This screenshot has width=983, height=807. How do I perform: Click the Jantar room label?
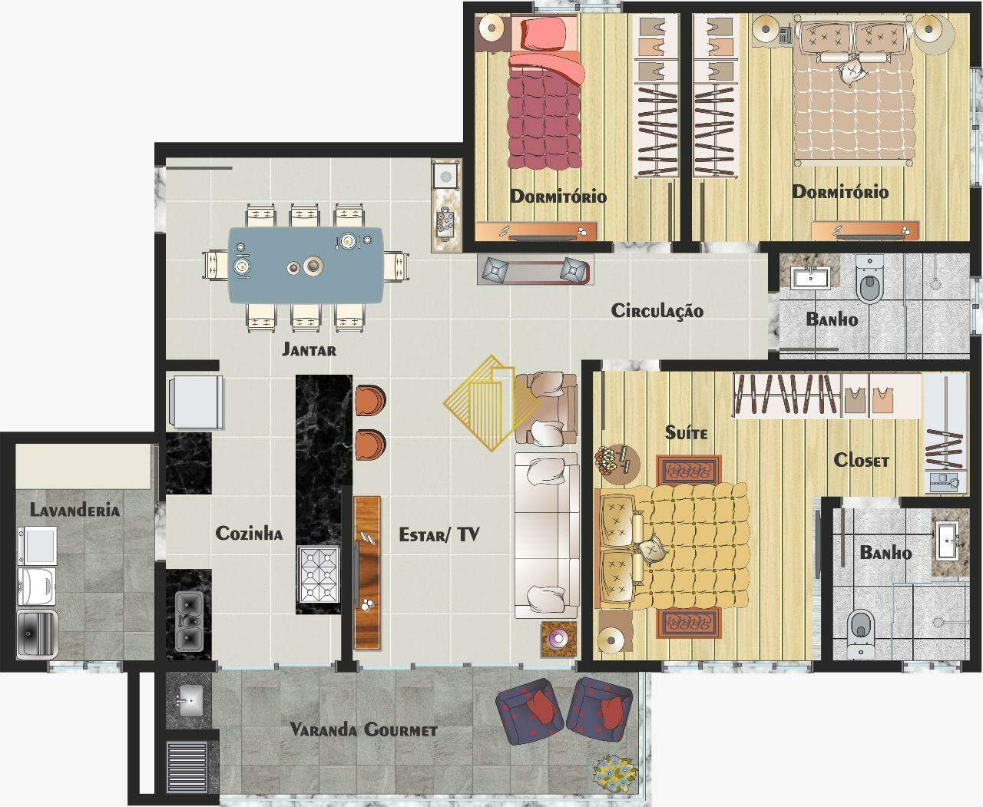point(309,349)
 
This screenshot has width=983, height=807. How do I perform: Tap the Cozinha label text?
point(249,533)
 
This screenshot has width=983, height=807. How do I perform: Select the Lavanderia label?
point(74,510)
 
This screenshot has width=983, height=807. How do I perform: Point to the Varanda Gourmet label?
point(363,729)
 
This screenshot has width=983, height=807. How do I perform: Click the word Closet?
point(862,460)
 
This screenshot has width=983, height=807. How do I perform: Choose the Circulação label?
point(657,311)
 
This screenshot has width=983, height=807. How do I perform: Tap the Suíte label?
point(686,432)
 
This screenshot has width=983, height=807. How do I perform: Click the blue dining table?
point(306,265)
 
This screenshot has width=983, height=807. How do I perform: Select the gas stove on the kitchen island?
point(319,575)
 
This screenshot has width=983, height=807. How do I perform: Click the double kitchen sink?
point(189,621)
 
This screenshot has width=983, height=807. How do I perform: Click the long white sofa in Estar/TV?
point(546,536)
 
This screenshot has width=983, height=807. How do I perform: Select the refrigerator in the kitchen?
point(195,402)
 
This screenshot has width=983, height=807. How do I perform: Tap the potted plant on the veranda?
point(615,773)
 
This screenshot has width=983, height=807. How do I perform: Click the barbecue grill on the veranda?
point(187,766)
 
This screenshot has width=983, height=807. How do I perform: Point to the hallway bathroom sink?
point(810,278)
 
